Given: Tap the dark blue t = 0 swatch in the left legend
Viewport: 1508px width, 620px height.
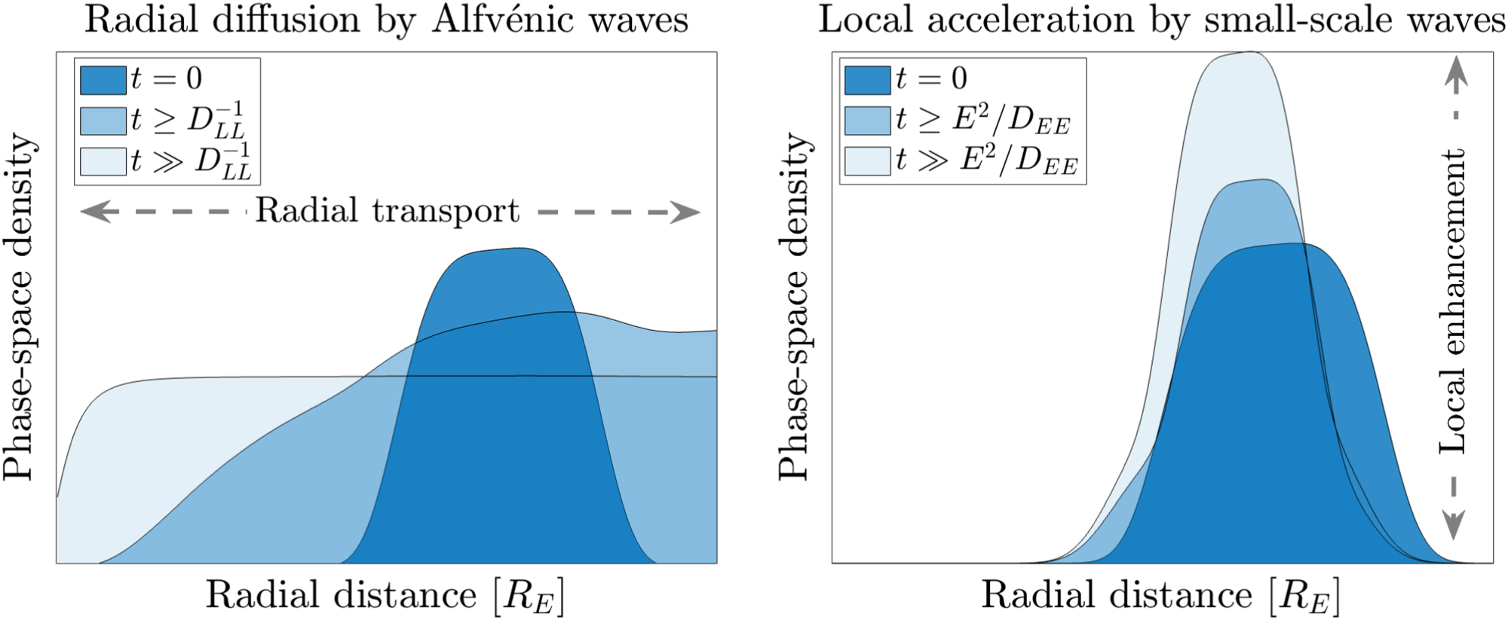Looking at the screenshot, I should [103, 80].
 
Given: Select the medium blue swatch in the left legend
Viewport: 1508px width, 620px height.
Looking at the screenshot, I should [103, 121].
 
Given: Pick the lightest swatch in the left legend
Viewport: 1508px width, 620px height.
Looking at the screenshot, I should [103, 161].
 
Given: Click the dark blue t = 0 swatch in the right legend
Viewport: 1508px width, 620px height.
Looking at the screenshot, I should [867, 80].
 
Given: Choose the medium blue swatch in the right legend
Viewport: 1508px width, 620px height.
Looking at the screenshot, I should [867, 121].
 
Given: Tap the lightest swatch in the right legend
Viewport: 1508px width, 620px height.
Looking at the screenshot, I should [867, 161].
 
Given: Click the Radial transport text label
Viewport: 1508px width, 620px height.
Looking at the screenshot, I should [388, 211].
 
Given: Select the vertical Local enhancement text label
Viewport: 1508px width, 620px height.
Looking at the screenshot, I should [1452, 301].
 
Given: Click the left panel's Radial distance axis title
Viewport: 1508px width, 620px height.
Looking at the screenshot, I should [385, 595].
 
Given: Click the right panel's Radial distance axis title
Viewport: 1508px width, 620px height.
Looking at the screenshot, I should [1160, 595].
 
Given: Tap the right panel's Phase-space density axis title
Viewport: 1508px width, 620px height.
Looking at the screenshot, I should [793, 307].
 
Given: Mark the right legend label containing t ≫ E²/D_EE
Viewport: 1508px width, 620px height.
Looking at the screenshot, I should [987, 161].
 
